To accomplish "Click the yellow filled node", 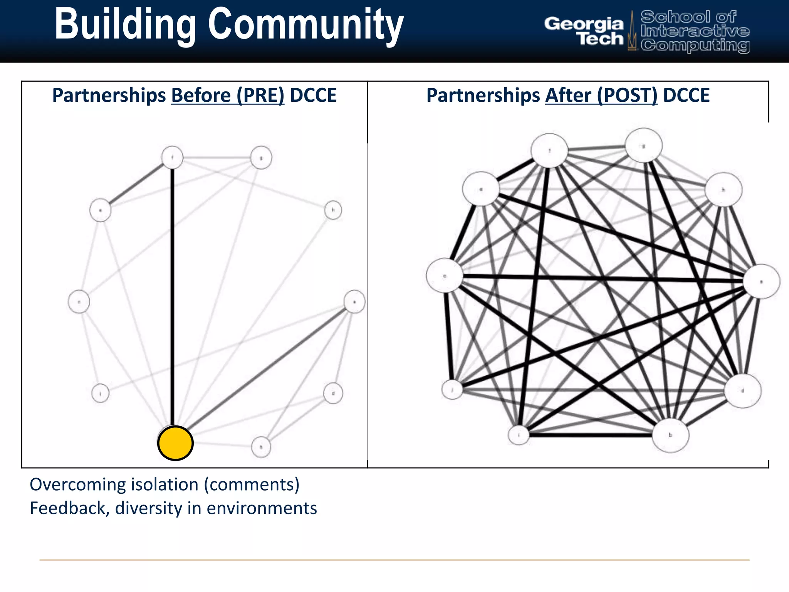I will (175, 443).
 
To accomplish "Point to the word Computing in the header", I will (695, 45).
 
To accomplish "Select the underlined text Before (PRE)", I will (228, 95).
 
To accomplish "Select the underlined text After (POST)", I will (601, 95).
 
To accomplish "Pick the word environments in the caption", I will (262, 508).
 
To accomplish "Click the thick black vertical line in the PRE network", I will (172, 293).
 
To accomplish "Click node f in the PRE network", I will (172, 157).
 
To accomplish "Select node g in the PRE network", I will (261, 158).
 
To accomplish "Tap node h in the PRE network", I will (333, 210).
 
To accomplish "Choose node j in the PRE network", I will (101, 394).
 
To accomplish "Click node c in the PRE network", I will (79, 302).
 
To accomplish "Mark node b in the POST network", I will (670, 435).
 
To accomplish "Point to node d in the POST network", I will (743, 391).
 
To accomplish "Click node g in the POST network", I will (643, 146).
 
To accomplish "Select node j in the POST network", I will (452, 389).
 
